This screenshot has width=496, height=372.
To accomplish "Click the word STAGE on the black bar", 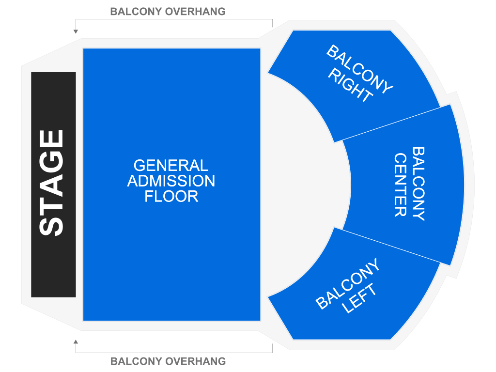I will pyautogui.click(x=51, y=183).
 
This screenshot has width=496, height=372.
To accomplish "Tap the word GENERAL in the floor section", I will pyautogui.click(x=170, y=166).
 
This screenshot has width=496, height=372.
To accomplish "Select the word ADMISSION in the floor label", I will pyautogui.click(x=171, y=181).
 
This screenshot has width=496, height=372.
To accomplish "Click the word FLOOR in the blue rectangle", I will pyautogui.click(x=171, y=197).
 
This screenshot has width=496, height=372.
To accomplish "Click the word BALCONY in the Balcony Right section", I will pyautogui.click(x=359, y=69).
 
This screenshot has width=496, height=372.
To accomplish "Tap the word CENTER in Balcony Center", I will pyautogui.click(x=400, y=185).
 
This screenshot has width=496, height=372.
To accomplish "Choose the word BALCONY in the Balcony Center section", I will pyautogui.click(x=418, y=184).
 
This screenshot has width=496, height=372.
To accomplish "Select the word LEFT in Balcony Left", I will pyautogui.click(x=359, y=298).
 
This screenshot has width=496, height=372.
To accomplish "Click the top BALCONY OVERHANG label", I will pyautogui.click(x=168, y=12).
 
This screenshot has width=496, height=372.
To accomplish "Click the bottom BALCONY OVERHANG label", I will pyautogui.click(x=168, y=361).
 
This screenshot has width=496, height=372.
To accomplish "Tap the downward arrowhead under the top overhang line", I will pyautogui.click(x=76, y=32).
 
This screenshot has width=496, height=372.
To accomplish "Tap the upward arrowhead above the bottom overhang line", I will pyautogui.click(x=76, y=342).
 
